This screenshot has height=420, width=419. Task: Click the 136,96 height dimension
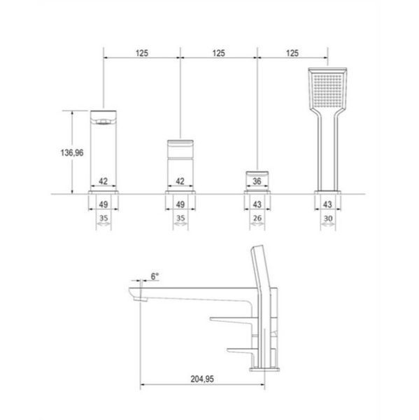pyautogui.click(x=72, y=153)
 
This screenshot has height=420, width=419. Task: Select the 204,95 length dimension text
pyautogui.click(x=202, y=379)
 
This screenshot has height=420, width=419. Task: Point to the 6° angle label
pyautogui.click(x=155, y=276)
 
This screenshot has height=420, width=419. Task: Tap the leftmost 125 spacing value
pyautogui.click(x=141, y=53)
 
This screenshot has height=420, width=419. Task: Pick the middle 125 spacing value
pyautogui.click(x=218, y=53)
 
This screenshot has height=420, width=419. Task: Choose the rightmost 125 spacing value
pyautogui.click(x=292, y=53)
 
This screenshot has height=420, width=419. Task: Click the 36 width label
pyautogui.click(x=257, y=181)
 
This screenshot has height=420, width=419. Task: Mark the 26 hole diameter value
pyautogui.click(x=257, y=218)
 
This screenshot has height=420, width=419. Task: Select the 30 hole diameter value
pyautogui.click(x=327, y=219)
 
